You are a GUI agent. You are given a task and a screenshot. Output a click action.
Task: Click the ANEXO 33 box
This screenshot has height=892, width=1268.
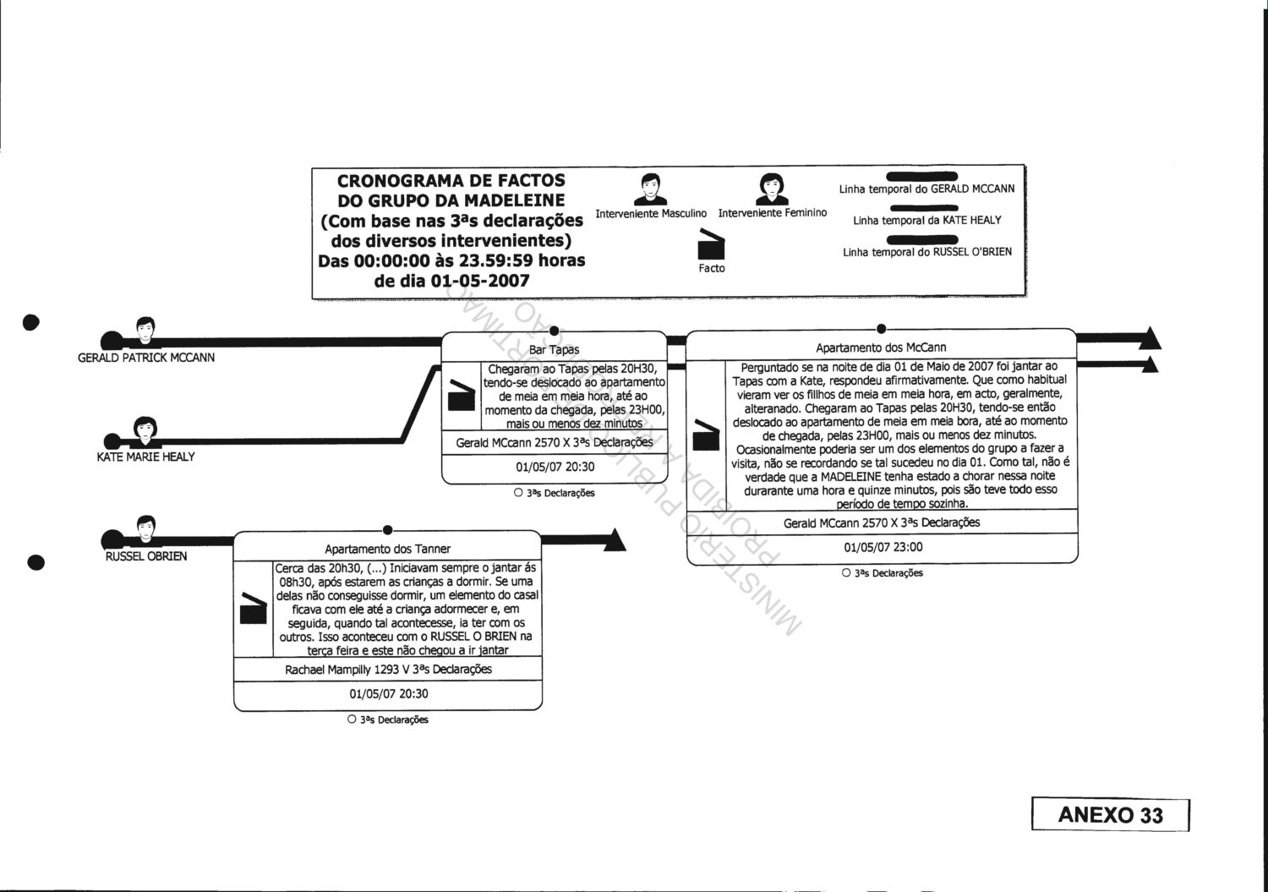click(x=1110, y=815)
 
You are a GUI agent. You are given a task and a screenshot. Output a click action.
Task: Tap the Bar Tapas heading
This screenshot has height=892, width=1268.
click(x=554, y=349)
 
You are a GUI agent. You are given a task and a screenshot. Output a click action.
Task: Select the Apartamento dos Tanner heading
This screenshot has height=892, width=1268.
click(x=387, y=549)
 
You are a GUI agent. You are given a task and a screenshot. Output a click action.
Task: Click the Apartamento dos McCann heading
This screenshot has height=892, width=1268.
click(x=880, y=347)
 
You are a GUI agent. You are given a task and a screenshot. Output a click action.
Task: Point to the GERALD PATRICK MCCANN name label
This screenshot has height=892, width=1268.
click(x=146, y=358)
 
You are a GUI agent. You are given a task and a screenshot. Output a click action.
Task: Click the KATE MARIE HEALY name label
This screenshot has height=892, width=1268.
click(x=145, y=457)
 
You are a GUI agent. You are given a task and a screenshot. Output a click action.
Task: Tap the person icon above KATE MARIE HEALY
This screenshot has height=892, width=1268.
click(x=145, y=430)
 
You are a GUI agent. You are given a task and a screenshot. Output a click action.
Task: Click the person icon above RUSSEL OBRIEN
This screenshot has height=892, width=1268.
click(x=145, y=530)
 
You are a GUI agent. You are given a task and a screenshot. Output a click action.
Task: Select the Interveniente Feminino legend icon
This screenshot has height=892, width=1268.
click(x=772, y=189)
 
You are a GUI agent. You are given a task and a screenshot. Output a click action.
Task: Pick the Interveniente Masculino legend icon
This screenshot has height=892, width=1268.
click(x=650, y=189)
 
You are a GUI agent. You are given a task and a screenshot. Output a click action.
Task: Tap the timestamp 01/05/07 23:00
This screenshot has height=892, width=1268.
click(x=883, y=547)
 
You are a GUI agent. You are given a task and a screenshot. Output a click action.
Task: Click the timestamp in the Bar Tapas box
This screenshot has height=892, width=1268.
click(x=555, y=467)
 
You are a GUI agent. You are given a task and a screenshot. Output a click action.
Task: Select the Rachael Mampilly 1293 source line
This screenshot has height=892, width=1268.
click(x=388, y=669)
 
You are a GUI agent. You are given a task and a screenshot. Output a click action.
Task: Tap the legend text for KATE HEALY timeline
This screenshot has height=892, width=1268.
click(x=926, y=220)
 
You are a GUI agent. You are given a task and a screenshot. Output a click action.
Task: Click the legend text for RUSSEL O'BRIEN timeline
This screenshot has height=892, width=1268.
click(x=926, y=252)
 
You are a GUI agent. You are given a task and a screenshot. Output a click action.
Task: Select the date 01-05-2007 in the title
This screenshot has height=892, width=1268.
click(x=480, y=281)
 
